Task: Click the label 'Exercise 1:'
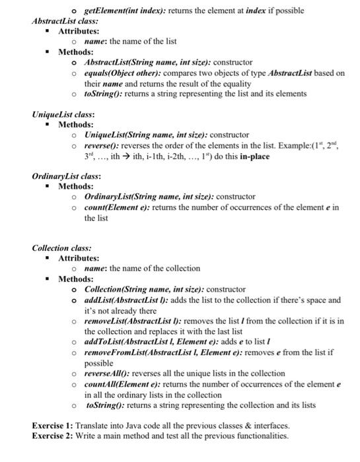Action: pyautogui.click(x=53, y=426)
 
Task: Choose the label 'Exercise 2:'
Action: pyautogui.click(x=53, y=436)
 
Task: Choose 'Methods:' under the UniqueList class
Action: pyautogui.click(x=75, y=124)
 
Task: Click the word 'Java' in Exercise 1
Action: pyautogui.click(x=132, y=426)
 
